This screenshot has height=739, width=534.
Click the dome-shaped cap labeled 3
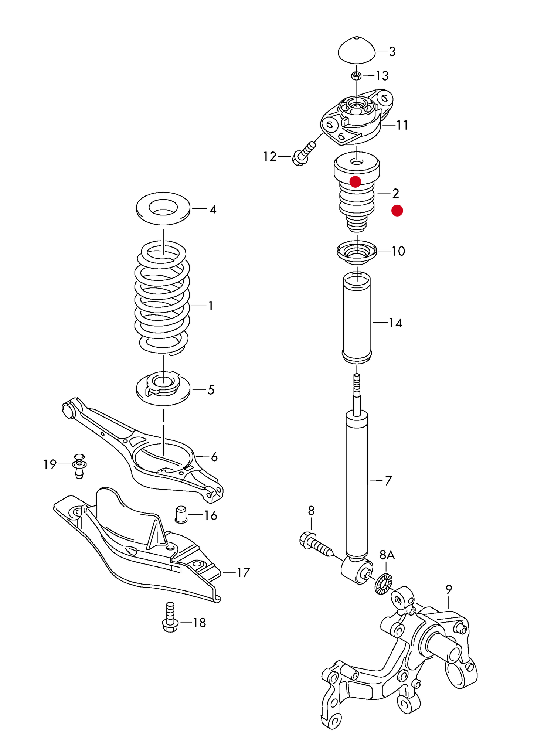point(357,51)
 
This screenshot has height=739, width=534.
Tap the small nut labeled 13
point(356,76)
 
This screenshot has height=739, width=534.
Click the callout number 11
point(402,125)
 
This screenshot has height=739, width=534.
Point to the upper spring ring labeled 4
point(163,209)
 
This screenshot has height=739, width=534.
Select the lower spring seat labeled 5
point(163,389)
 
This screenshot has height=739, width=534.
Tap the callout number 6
point(214,457)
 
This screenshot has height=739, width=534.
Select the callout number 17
point(243,572)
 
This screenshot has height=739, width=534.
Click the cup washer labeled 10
point(357,252)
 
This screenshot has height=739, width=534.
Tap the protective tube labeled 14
point(357,318)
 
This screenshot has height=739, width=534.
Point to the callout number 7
point(388,481)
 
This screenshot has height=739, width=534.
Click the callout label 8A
point(387,555)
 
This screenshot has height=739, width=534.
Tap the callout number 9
point(449,589)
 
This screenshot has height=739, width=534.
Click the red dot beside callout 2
point(397,211)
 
